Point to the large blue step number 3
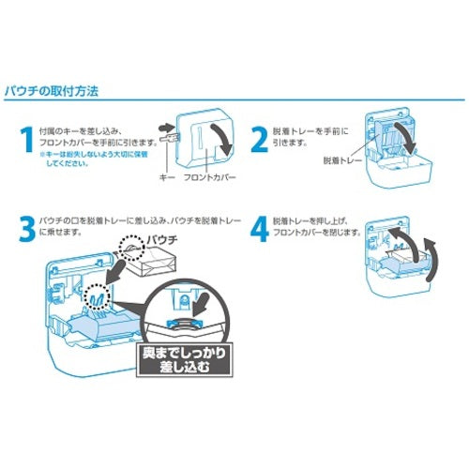27,228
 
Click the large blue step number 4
257,228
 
